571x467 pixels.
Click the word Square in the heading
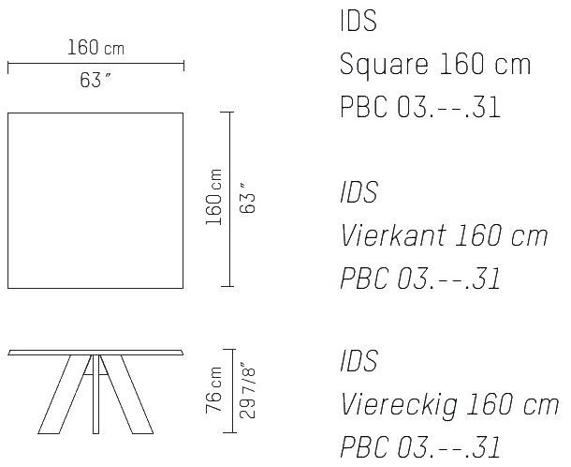(384, 66)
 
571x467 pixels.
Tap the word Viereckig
(399, 405)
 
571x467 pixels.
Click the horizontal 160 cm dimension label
(95, 48)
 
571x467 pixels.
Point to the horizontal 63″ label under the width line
(95, 81)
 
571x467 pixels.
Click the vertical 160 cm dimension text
(213, 197)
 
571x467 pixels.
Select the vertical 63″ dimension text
(248, 198)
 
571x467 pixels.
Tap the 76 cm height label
(213, 390)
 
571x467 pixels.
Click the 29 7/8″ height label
(248, 390)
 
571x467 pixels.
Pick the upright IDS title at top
(359, 21)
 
